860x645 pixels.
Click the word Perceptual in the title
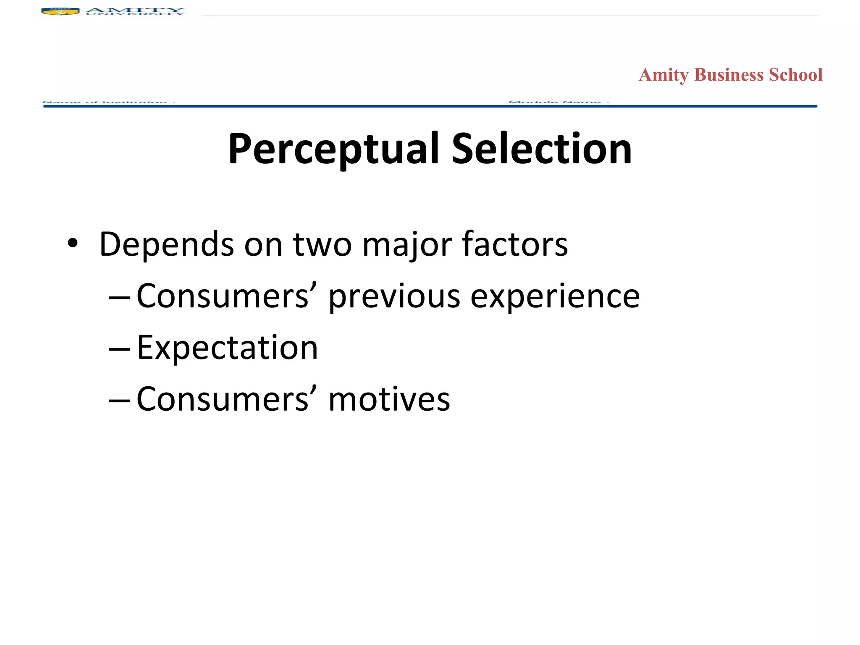click(334, 149)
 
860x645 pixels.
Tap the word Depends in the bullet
click(166, 244)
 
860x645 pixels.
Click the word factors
click(515, 244)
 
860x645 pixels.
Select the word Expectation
click(227, 348)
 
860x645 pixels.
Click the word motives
click(389, 399)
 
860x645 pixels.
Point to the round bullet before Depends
click(73, 244)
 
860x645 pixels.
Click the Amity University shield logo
click(60, 11)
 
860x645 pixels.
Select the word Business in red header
click(729, 75)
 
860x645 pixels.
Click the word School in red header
click(795, 75)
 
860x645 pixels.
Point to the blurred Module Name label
click(558, 102)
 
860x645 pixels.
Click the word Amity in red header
click(663, 75)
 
